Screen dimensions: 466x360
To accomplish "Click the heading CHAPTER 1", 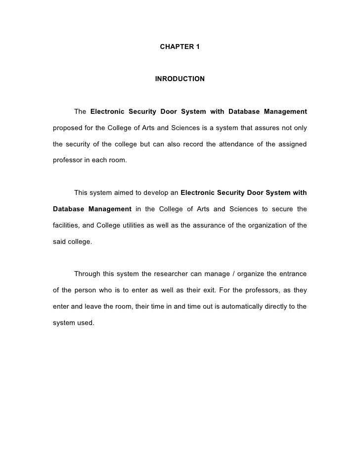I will pos(180,47).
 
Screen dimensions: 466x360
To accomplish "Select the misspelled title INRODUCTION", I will pos(180,79).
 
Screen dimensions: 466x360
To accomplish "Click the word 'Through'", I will pos(87,274).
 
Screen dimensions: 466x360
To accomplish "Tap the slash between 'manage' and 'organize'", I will pos(233,274).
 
